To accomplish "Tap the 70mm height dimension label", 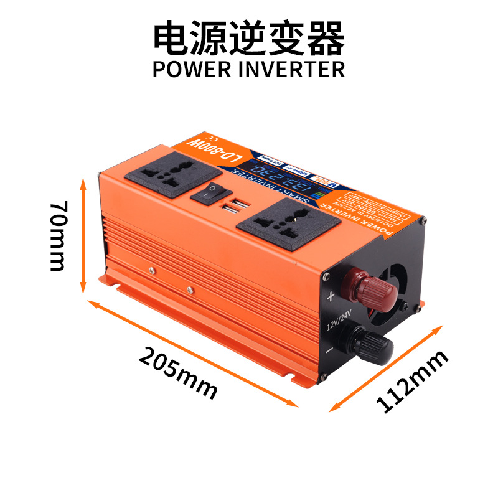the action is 57,235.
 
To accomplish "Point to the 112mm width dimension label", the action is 411,381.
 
